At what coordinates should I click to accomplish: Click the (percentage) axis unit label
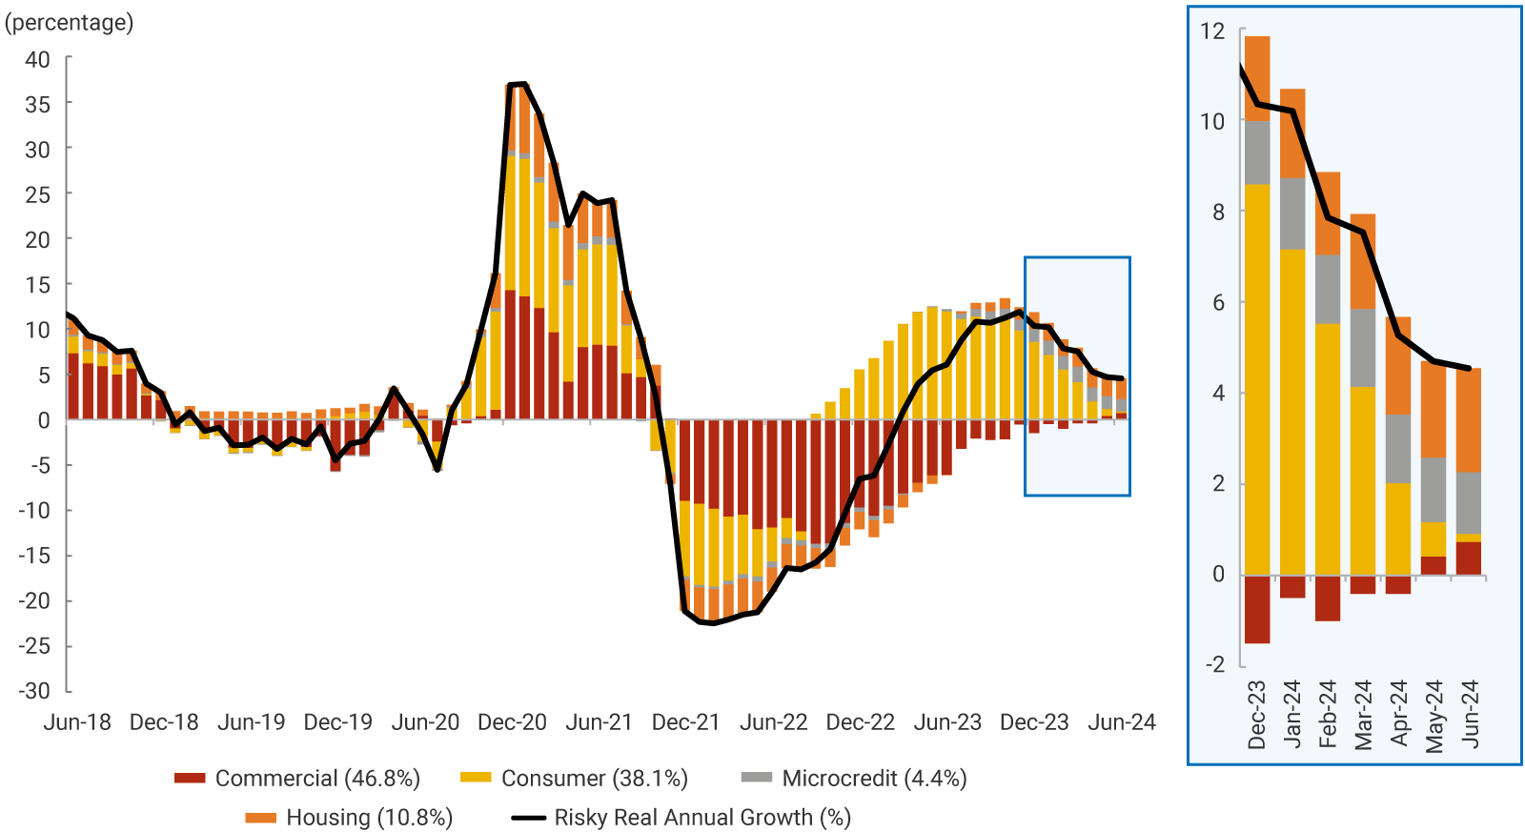click(x=69, y=22)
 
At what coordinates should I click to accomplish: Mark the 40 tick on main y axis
click(x=37, y=59)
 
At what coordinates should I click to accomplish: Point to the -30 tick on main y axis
click(x=34, y=691)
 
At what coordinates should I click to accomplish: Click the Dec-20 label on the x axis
click(x=512, y=722)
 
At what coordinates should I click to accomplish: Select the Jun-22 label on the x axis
click(x=773, y=722)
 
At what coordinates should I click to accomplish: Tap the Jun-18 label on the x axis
click(x=77, y=722)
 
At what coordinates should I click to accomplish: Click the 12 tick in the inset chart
click(x=1212, y=31)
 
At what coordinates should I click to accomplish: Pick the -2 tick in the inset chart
click(x=1214, y=664)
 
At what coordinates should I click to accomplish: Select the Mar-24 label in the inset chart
click(x=1363, y=715)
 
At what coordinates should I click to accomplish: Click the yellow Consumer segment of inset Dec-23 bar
click(x=1257, y=381)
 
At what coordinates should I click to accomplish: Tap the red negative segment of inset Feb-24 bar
click(x=1328, y=599)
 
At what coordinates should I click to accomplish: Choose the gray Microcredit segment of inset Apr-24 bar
click(x=1398, y=449)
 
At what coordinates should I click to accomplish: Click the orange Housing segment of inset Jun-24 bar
click(x=1469, y=420)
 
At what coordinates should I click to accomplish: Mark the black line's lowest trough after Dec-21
click(x=712, y=623)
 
